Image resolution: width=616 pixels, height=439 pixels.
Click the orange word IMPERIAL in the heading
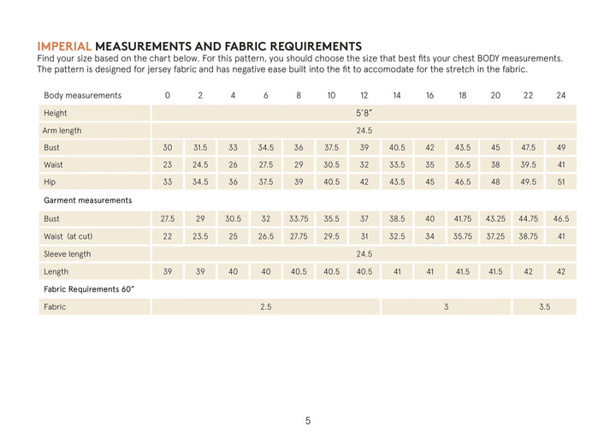(64, 45)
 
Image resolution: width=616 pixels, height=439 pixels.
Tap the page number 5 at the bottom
(308, 420)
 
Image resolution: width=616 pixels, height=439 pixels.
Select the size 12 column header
(364, 95)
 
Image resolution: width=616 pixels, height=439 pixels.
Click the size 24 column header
(561, 95)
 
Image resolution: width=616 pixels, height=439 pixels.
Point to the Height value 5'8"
(364, 113)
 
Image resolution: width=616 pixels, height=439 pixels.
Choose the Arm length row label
(63, 131)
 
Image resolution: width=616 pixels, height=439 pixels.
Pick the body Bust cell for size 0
(168, 148)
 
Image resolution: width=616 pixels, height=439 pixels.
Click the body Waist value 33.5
(397, 165)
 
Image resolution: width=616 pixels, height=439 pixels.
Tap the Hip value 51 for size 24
(561, 182)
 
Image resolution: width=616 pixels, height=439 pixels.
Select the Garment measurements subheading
(87, 200)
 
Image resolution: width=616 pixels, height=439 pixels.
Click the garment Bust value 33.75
(299, 219)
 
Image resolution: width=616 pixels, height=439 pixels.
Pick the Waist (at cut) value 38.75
(528, 236)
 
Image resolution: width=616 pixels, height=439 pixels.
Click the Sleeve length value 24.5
(364, 254)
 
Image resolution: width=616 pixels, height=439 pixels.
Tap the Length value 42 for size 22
(528, 271)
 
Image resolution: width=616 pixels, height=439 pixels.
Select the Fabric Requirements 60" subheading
(89, 289)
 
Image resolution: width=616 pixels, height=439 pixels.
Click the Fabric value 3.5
(544, 306)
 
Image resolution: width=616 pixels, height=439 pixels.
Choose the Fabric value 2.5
(265, 306)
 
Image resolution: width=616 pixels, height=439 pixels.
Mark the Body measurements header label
(82, 95)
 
